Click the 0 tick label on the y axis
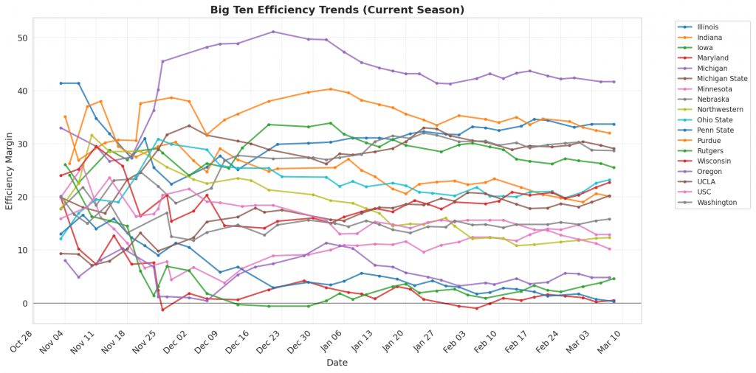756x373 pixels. (24, 304)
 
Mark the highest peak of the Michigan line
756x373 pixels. (273, 32)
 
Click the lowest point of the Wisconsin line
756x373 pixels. (163, 310)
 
